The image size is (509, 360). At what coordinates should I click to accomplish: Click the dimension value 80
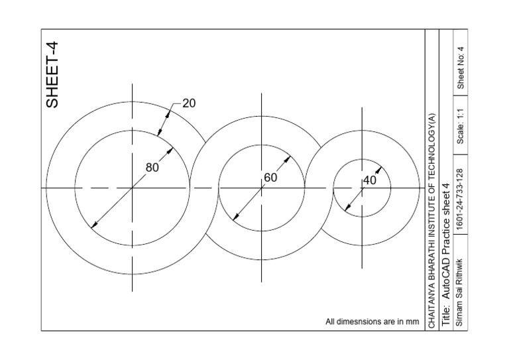pos(152,168)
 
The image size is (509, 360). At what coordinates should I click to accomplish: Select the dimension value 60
pos(270,178)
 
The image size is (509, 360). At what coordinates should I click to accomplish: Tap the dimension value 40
pos(370,180)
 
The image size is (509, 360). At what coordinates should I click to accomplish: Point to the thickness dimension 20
pos(189,103)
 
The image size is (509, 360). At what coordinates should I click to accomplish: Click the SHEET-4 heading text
pos(52,74)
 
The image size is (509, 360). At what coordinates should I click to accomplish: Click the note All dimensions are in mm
pos(372,322)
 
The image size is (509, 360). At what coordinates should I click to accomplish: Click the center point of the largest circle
pos(132,188)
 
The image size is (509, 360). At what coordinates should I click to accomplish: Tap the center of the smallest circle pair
pos(362,188)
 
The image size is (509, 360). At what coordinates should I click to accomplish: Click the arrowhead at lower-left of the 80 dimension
pos(93,226)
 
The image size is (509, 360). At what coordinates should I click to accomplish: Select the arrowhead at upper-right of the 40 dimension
pos(380,169)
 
